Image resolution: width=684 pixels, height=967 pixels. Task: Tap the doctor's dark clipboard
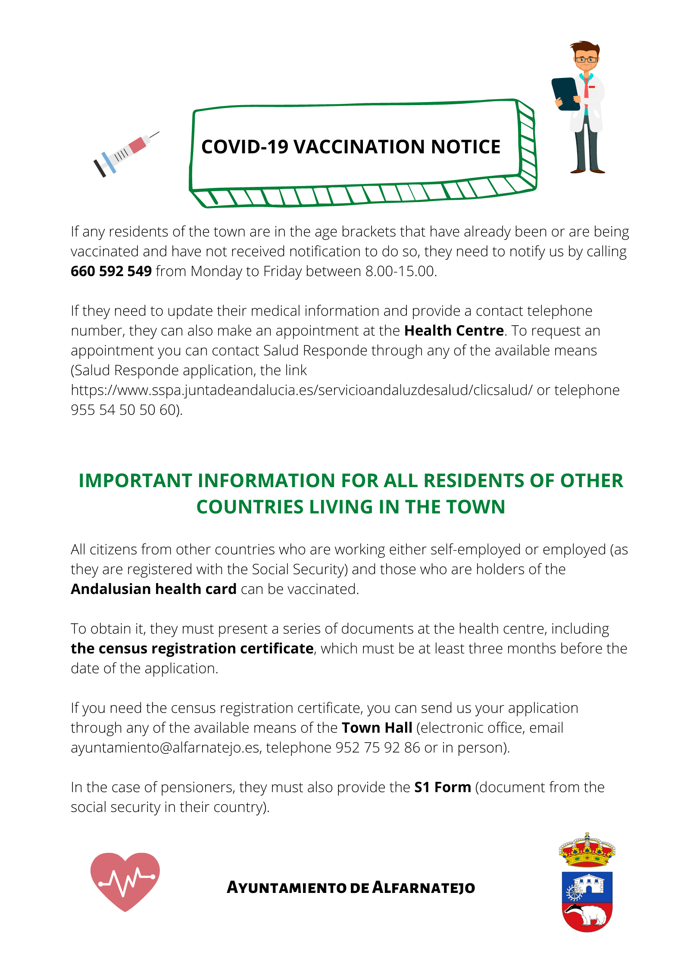point(566,94)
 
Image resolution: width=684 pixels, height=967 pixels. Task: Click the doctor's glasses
point(587,59)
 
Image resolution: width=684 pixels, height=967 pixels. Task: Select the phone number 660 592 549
point(111,271)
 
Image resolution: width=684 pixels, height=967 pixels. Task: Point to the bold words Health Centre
point(454,331)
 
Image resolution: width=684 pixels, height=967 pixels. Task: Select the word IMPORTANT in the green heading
point(135,481)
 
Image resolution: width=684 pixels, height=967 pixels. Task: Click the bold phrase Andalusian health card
point(153,589)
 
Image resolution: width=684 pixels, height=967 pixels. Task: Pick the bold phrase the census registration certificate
point(192,649)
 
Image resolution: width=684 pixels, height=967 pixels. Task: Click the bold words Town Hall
point(377,728)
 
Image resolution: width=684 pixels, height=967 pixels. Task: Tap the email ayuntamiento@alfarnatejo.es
point(165,748)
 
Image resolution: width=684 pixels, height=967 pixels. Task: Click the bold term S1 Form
point(443,787)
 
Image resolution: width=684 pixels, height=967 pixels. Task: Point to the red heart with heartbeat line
point(125,881)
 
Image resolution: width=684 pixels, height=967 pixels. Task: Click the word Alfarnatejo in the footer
point(424,888)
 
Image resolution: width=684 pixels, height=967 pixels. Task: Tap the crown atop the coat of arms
point(587,851)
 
